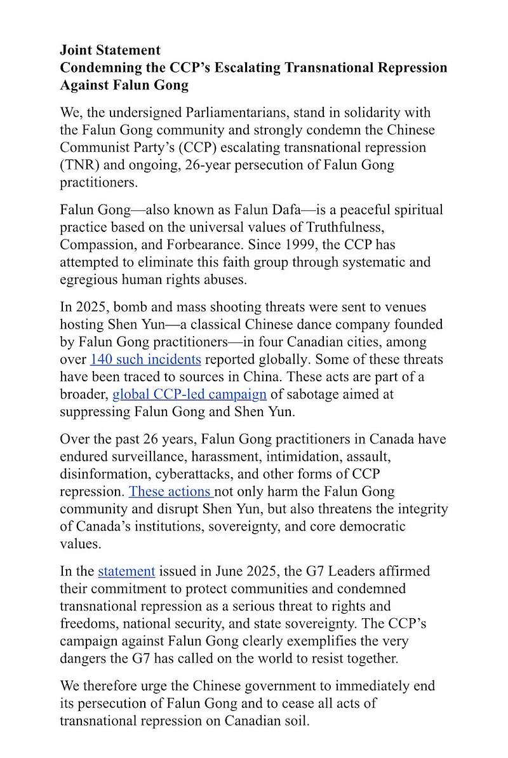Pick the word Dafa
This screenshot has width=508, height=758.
coord(284,210)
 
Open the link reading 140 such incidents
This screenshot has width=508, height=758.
coord(145,359)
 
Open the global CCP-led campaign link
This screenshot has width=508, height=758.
coord(189,394)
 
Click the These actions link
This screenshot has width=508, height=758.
coord(171,491)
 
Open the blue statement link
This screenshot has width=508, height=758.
coord(126,571)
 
